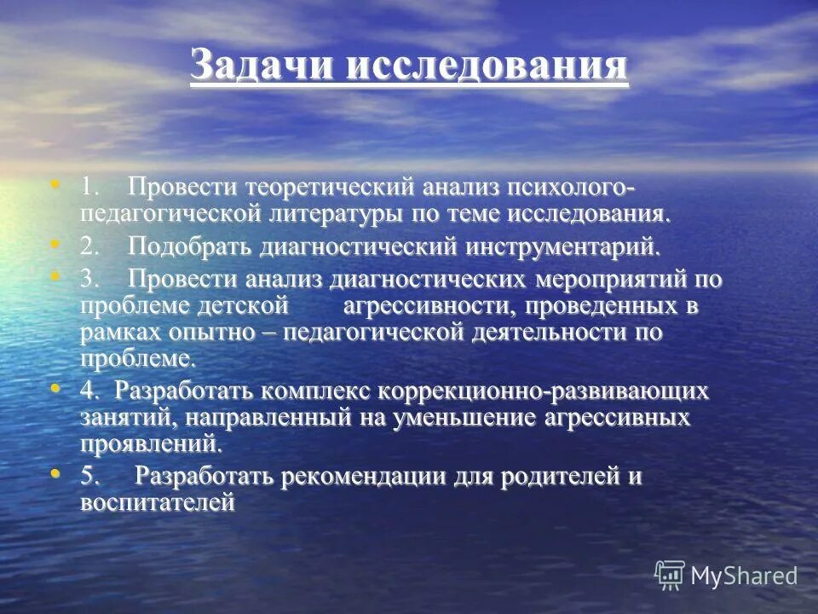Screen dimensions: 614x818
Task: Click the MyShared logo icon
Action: coord(670,575)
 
